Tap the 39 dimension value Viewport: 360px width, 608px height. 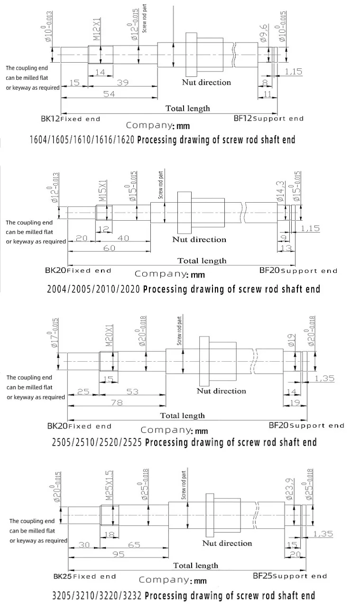pos(122,83)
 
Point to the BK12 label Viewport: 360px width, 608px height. pos(50,119)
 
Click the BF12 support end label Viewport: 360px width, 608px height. pos(268,118)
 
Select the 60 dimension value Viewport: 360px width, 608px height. pos(109,249)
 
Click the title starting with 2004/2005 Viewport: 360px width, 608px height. pos(184,289)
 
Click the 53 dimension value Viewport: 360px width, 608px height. pos(133,391)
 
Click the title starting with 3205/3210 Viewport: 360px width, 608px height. pos(183,596)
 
